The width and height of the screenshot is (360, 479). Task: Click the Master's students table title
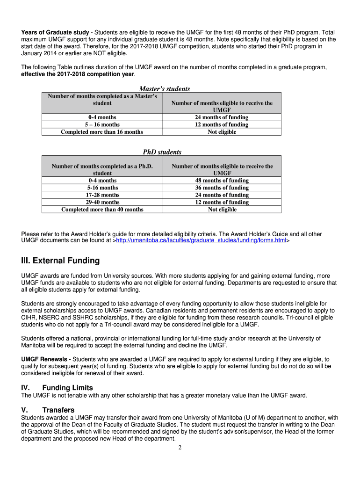(x=165, y=89)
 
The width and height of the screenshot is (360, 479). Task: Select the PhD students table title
(x=162, y=152)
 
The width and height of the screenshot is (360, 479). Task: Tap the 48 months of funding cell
(x=222, y=181)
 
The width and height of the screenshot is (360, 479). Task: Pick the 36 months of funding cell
(x=222, y=188)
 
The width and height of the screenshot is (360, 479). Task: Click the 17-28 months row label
(x=102, y=195)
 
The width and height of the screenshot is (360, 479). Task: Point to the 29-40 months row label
(x=102, y=203)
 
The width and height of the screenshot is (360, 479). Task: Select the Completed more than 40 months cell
(x=102, y=210)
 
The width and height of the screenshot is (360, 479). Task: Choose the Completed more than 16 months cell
(x=102, y=132)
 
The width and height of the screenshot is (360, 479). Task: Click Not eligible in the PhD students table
(x=222, y=210)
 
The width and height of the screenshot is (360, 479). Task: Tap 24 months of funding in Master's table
(x=222, y=117)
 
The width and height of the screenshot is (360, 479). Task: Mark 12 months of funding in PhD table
(x=222, y=203)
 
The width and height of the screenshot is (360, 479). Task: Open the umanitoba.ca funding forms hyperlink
(x=201, y=240)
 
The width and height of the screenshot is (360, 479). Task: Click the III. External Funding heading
(x=60, y=261)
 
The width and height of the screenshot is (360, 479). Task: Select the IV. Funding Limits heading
(x=57, y=388)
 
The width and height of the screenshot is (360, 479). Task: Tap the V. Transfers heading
(x=48, y=410)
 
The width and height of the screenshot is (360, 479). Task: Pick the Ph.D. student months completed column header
(x=102, y=169)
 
